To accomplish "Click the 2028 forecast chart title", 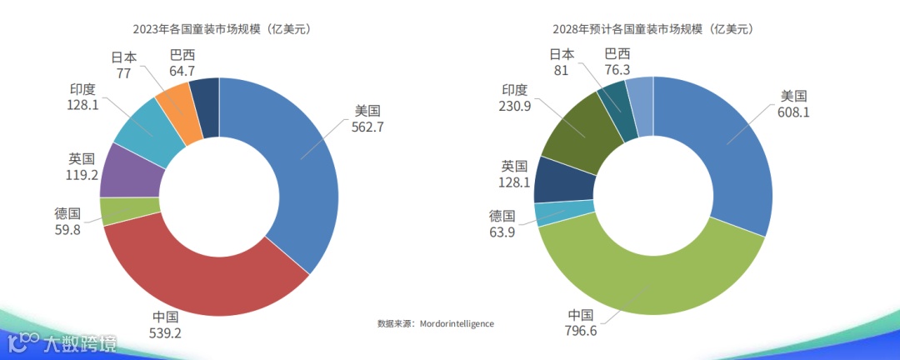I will tap(652, 29).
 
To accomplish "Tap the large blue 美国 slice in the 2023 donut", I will tap(300, 158).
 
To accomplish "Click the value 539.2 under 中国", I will tap(166, 332).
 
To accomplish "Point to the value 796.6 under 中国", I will tap(581, 332).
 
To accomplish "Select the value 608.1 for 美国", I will tap(793, 112).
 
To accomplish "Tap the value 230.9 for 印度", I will tap(514, 106).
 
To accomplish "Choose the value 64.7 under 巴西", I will tap(182, 71).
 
